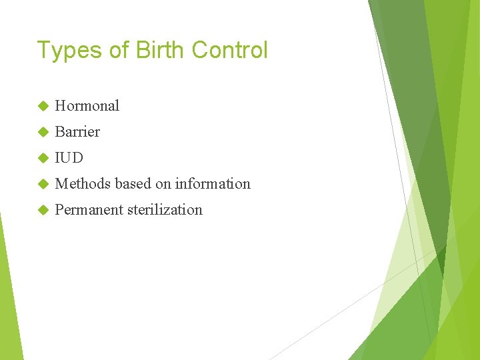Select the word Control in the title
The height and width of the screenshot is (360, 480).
click(229, 50)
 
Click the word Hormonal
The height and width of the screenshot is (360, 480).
click(87, 105)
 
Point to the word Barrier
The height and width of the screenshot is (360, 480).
click(77, 131)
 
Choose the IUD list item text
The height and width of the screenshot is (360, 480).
click(69, 157)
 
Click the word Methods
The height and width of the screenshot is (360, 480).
click(83, 183)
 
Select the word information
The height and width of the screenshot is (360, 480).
click(213, 183)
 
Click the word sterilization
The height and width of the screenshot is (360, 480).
click(165, 209)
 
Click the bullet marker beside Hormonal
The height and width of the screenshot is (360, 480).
click(43, 106)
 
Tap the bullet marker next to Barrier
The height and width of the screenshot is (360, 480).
click(43, 132)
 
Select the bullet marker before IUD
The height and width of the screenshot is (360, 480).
click(43, 158)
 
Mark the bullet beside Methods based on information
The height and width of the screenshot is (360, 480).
click(43, 184)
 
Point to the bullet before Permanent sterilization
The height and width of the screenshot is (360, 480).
click(43, 210)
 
